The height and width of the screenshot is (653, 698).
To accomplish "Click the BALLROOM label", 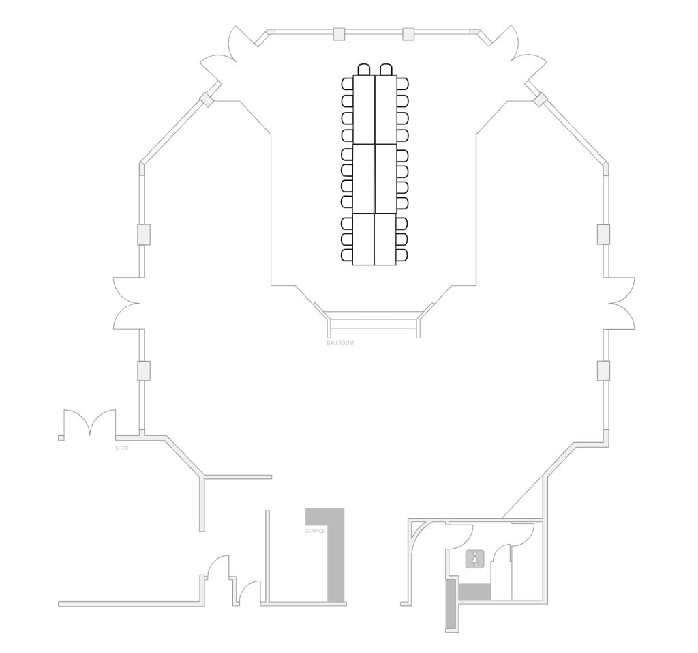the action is click(341, 343).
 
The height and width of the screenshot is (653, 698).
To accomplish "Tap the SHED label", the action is click(121, 448).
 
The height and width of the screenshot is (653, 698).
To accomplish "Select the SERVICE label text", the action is click(315, 532).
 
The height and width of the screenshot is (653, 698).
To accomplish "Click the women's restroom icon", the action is click(475, 559).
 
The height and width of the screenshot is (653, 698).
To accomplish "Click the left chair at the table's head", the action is click(364, 69).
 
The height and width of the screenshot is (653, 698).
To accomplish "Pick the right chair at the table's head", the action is click(386, 69).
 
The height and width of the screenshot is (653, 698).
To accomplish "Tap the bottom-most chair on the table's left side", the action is click(347, 255).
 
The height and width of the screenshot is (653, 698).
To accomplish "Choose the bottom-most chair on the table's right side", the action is click(402, 255).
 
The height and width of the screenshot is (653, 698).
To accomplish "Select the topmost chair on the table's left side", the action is click(347, 84).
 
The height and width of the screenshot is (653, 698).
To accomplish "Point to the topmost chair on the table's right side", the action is click(402, 84).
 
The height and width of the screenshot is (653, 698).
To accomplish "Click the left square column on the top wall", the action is click(339, 34).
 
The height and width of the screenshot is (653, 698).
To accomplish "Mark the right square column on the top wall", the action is click(408, 34).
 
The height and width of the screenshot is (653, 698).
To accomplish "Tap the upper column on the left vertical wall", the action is click(143, 235).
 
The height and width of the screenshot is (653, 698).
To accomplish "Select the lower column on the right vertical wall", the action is click(604, 371).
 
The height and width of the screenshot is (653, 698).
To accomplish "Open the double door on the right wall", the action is click(621, 304).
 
